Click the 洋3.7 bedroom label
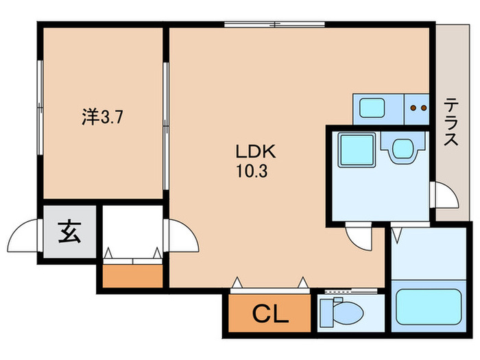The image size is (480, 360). coord(103,117)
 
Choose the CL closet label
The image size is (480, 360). coord(270,316)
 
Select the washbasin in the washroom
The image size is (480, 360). coord(403,148)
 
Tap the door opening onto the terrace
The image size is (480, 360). coord(444,197)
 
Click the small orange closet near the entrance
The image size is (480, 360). coord(133,275)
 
